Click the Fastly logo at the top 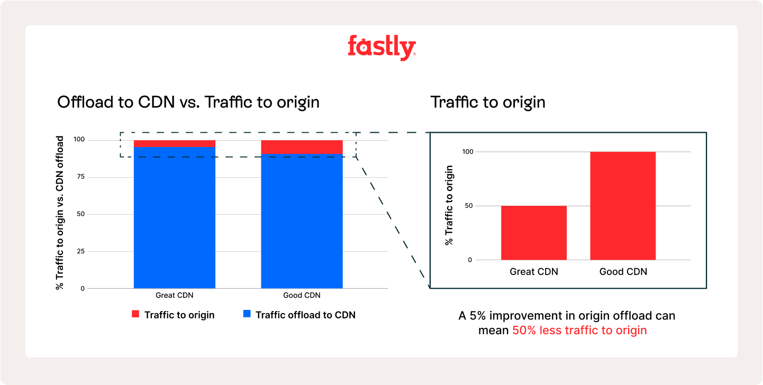381,48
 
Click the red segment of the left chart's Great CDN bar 174,143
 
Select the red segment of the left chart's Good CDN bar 302,147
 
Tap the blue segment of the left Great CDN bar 174,217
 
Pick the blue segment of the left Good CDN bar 302,221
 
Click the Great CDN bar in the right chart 533,233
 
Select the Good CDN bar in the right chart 623,206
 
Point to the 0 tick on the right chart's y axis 469,260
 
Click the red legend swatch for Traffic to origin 135,315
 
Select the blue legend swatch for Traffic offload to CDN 247,315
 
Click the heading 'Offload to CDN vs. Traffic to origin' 188,102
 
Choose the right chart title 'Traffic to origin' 488,102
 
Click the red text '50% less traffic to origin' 579,331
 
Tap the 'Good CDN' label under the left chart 302,296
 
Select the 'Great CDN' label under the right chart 533,272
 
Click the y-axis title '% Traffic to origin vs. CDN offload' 60,213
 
